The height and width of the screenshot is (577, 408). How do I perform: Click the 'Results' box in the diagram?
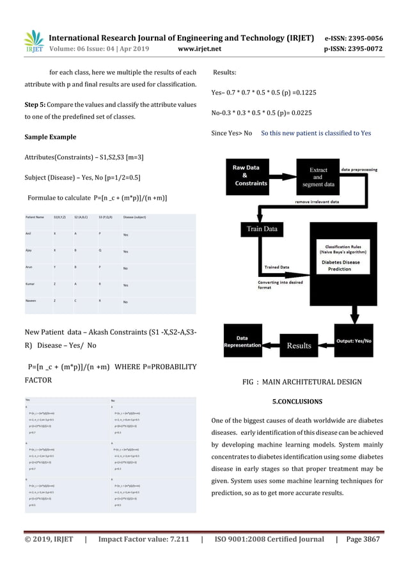(x=298, y=345)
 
